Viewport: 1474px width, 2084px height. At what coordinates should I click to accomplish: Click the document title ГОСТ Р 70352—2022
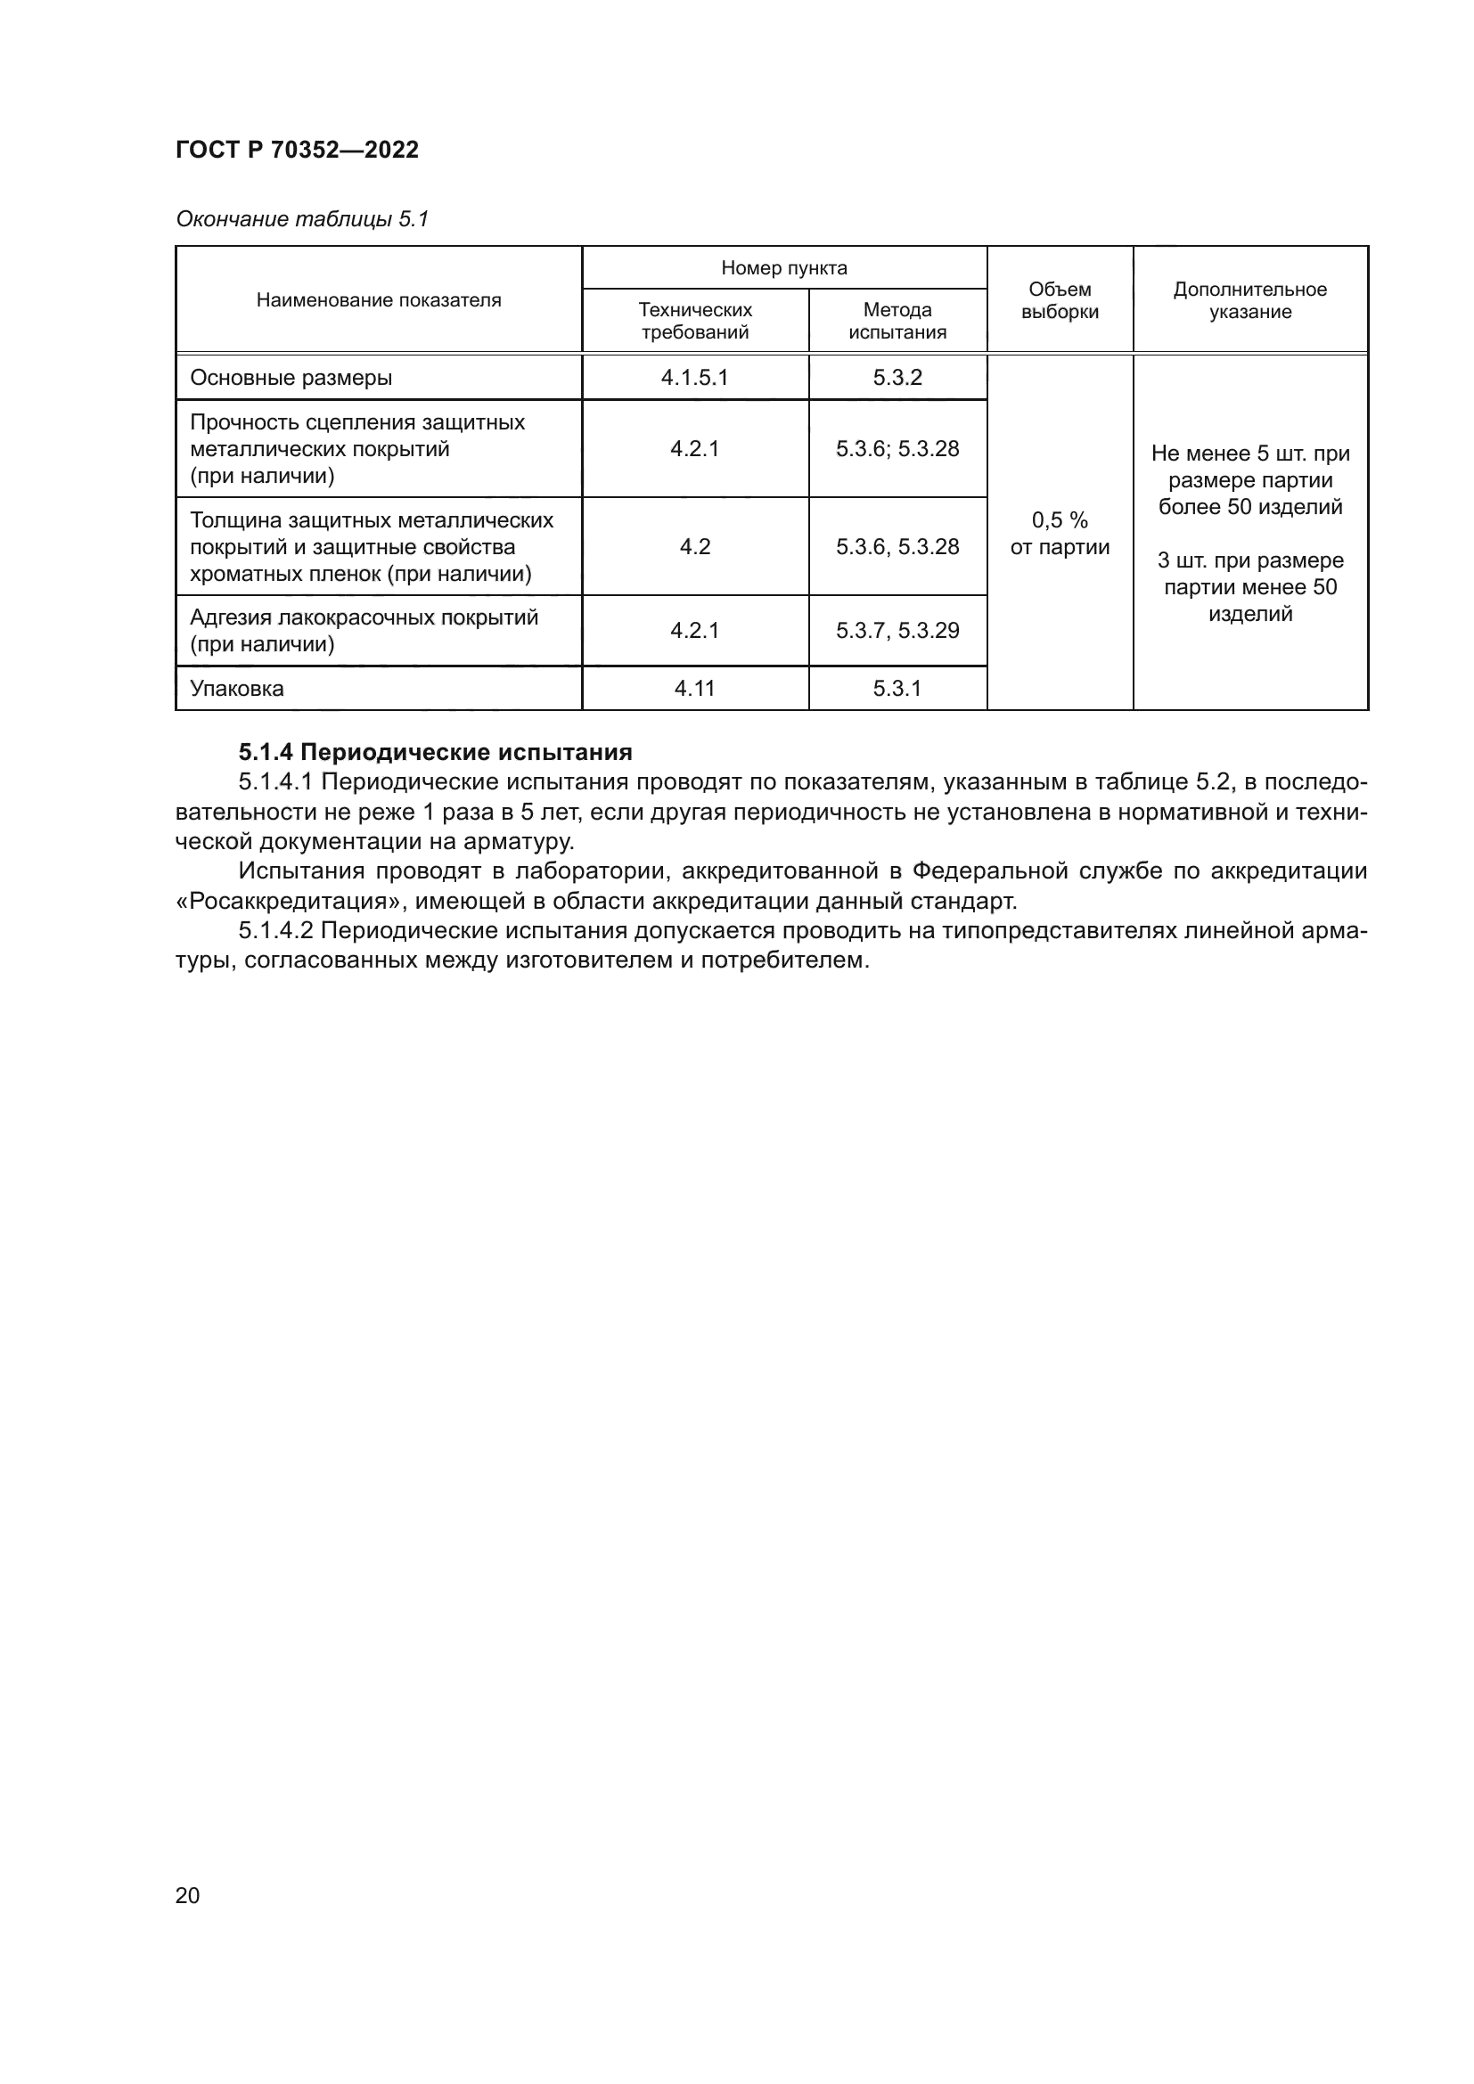pos(297,150)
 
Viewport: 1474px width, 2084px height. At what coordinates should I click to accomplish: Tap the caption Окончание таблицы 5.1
pos(301,219)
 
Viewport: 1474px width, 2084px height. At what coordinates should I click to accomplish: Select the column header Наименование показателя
pos(379,300)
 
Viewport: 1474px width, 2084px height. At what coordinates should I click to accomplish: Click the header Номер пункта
pos(784,268)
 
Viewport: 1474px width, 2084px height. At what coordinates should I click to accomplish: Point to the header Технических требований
pos(695,321)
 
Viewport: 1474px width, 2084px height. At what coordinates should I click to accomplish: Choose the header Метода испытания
pos(897,321)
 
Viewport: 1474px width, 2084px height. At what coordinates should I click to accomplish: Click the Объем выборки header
pos(1060,300)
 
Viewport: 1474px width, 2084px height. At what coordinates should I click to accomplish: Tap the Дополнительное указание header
pos(1249,300)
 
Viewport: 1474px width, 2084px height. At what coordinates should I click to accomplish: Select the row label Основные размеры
pos(291,378)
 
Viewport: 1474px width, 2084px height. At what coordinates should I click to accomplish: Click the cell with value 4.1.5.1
pos(694,378)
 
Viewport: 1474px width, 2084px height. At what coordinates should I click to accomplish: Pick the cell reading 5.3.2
pos(897,378)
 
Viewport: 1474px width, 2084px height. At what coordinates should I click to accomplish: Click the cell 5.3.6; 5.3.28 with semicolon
pos(897,449)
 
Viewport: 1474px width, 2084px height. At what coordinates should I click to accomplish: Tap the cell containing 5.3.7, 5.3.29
pos(897,631)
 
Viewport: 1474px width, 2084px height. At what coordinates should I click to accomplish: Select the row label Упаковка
pos(237,689)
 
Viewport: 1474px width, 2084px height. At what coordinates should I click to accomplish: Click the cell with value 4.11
pos(694,689)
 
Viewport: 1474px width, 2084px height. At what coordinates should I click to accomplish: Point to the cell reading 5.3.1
pos(897,689)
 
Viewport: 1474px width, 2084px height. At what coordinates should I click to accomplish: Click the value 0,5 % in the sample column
pos(1060,521)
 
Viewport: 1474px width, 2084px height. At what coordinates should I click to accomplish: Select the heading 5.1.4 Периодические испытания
pos(436,753)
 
